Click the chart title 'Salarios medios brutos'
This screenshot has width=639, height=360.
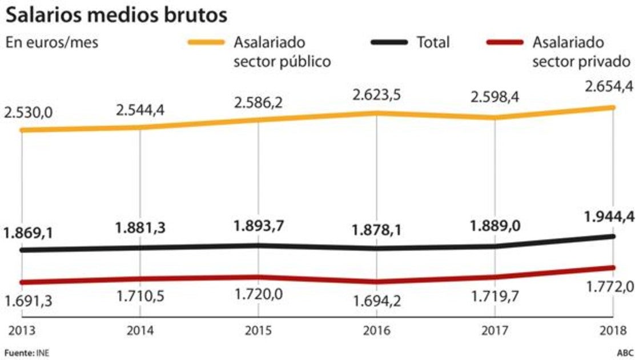click(x=116, y=15)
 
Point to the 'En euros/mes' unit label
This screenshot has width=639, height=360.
click(x=52, y=43)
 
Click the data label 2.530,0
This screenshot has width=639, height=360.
click(x=29, y=113)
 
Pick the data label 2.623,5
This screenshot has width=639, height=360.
click(x=376, y=93)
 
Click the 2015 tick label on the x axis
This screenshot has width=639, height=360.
click(x=258, y=330)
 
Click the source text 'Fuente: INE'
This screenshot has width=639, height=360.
click(x=27, y=353)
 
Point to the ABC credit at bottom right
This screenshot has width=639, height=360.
click(x=625, y=353)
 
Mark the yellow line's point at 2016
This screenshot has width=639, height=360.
click(x=376, y=113)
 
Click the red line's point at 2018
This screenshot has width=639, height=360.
click(x=613, y=267)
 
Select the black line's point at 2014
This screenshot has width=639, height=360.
click(x=140, y=248)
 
